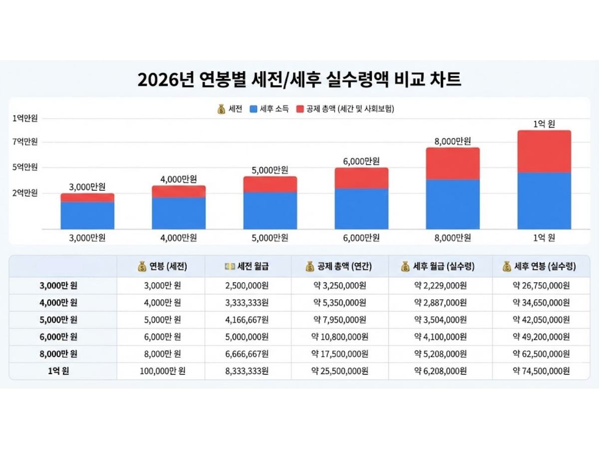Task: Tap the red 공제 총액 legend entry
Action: [x=345, y=109]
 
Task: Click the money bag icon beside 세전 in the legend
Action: [x=222, y=109]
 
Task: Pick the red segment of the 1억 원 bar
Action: [x=544, y=152]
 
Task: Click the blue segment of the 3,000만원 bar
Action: [x=87, y=216]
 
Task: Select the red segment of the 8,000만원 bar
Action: [x=452, y=164]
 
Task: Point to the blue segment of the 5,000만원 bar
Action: [x=270, y=211]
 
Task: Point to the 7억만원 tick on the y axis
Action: [x=25, y=142]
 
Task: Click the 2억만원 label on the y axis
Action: [x=25, y=193]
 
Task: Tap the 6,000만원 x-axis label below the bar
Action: [x=361, y=237]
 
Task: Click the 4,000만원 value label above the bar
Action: [x=179, y=179]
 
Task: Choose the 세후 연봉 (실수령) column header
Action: [x=540, y=267]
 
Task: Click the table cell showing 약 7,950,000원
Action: [x=340, y=320]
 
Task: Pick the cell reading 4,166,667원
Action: [x=248, y=320]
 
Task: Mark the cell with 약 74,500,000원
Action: [x=541, y=371]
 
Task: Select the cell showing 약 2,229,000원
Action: [x=440, y=286]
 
